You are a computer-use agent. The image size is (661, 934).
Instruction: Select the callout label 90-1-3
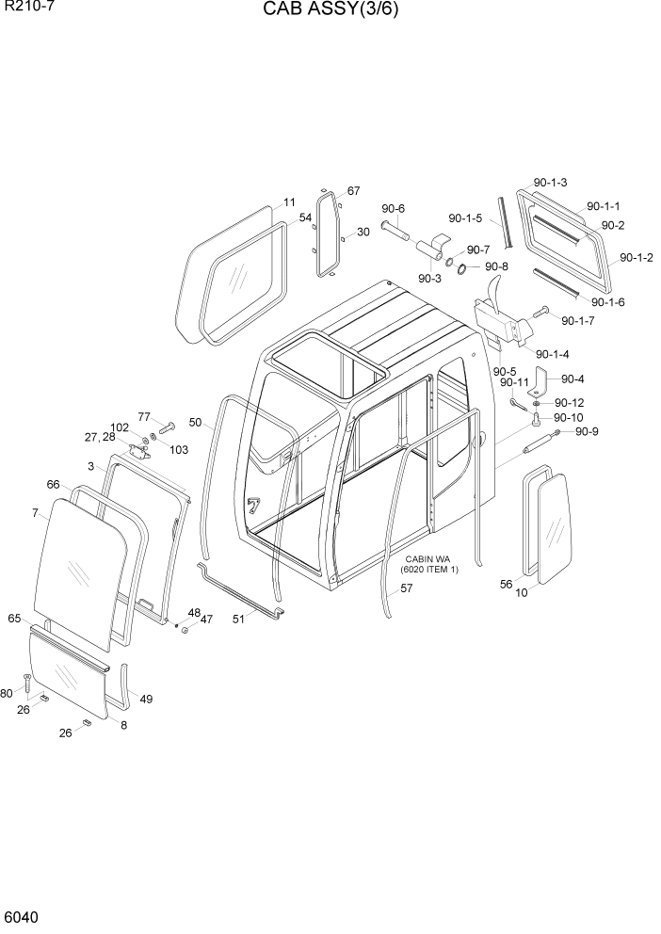click(550, 183)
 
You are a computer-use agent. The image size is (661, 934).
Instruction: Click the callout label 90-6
click(393, 209)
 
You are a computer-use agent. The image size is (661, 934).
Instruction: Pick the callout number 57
click(407, 588)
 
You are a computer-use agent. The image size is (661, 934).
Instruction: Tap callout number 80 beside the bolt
click(8, 694)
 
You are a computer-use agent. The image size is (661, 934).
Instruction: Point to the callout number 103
click(178, 450)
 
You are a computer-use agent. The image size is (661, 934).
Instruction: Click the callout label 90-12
click(569, 403)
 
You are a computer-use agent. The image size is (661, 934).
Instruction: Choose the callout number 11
click(289, 201)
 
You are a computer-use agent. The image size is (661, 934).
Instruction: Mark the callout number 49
click(146, 699)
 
